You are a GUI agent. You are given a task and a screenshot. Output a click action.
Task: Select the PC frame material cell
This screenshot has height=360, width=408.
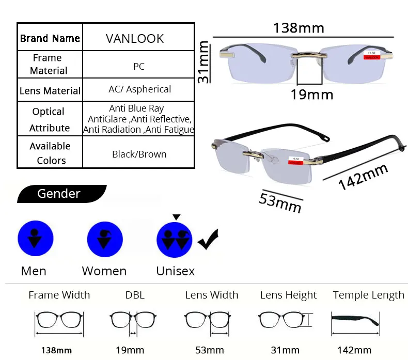[x=138, y=64]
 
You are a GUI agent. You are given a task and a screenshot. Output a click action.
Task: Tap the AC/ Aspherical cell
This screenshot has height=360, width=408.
[x=138, y=89]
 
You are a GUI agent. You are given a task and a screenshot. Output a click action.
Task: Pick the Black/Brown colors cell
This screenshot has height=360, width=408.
[x=138, y=152]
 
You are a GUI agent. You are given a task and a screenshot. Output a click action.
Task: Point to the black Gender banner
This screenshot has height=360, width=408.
[x=61, y=194]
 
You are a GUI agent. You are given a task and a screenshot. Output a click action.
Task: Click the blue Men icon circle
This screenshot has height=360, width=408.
[x=36, y=238]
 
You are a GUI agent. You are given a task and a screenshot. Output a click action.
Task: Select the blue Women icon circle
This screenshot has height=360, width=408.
[x=105, y=239]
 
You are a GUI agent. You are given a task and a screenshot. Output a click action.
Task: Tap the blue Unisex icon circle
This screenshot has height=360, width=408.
[x=175, y=240]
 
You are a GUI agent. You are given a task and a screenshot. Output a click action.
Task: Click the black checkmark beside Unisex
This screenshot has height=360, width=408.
[x=208, y=240]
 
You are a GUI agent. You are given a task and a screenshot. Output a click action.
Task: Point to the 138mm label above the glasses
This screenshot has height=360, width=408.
[x=299, y=28]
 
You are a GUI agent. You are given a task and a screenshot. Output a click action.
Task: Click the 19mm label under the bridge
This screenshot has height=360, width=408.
[x=312, y=95]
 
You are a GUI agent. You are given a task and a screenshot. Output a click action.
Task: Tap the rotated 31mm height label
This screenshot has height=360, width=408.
[x=203, y=62]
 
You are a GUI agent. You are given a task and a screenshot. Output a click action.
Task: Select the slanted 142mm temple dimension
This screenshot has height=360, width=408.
[x=363, y=177]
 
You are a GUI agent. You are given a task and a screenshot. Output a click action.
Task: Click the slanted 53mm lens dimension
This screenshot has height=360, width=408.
[x=280, y=203]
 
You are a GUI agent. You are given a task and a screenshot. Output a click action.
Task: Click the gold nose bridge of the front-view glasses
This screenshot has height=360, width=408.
[x=309, y=54]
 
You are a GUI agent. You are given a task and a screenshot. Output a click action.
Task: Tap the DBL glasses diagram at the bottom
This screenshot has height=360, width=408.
[x=133, y=322]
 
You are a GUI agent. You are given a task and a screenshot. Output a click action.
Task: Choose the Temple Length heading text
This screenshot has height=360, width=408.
[x=368, y=295]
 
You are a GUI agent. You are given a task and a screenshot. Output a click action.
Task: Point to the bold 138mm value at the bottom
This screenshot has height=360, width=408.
[x=56, y=350]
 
